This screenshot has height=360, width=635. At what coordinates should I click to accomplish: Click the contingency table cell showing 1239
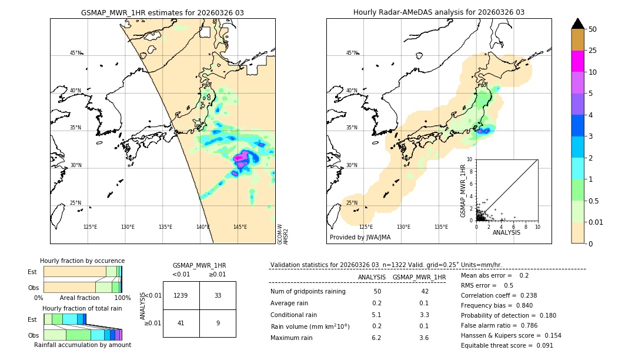(181, 295)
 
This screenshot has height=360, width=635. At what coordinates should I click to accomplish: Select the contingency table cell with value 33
(218, 295)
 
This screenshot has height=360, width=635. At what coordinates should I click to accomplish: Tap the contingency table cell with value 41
(181, 323)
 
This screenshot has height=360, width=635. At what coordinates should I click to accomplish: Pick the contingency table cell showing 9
(218, 323)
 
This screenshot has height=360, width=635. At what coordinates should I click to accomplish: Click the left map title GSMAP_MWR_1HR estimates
(162, 12)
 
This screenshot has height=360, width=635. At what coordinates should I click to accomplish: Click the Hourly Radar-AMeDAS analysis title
(439, 12)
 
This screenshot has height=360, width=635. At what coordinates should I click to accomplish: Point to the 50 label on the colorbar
(593, 29)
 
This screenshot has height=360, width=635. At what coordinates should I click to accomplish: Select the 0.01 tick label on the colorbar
(597, 222)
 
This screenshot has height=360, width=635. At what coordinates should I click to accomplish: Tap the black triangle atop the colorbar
(578, 24)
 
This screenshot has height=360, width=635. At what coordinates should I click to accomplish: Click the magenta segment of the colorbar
(578, 61)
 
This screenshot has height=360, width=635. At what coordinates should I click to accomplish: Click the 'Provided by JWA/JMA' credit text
(360, 238)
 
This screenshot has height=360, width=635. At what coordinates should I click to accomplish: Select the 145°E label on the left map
(240, 227)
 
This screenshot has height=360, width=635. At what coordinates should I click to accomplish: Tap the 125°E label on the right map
(366, 227)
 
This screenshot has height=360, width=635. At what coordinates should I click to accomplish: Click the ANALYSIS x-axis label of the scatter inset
(506, 232)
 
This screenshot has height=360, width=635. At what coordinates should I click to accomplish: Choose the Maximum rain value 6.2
(376, 338)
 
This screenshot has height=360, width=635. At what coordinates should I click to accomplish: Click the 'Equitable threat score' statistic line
(507, 345)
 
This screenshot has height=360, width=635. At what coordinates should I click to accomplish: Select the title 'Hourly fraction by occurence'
(82, 261)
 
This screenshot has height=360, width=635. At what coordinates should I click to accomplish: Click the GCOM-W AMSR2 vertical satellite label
(283, 234)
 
